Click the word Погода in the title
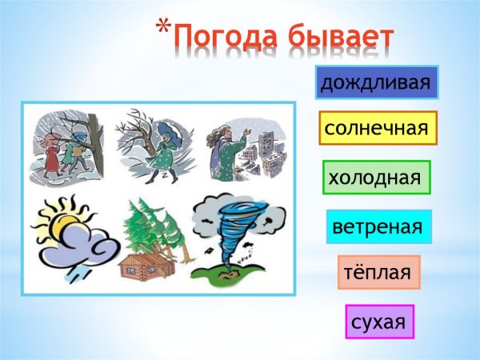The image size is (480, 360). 226,37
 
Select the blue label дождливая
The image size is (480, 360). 377,82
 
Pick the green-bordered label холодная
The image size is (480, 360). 376,177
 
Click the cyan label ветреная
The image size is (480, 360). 378,226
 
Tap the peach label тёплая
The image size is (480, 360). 378,273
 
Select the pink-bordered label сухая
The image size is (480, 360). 379,322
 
